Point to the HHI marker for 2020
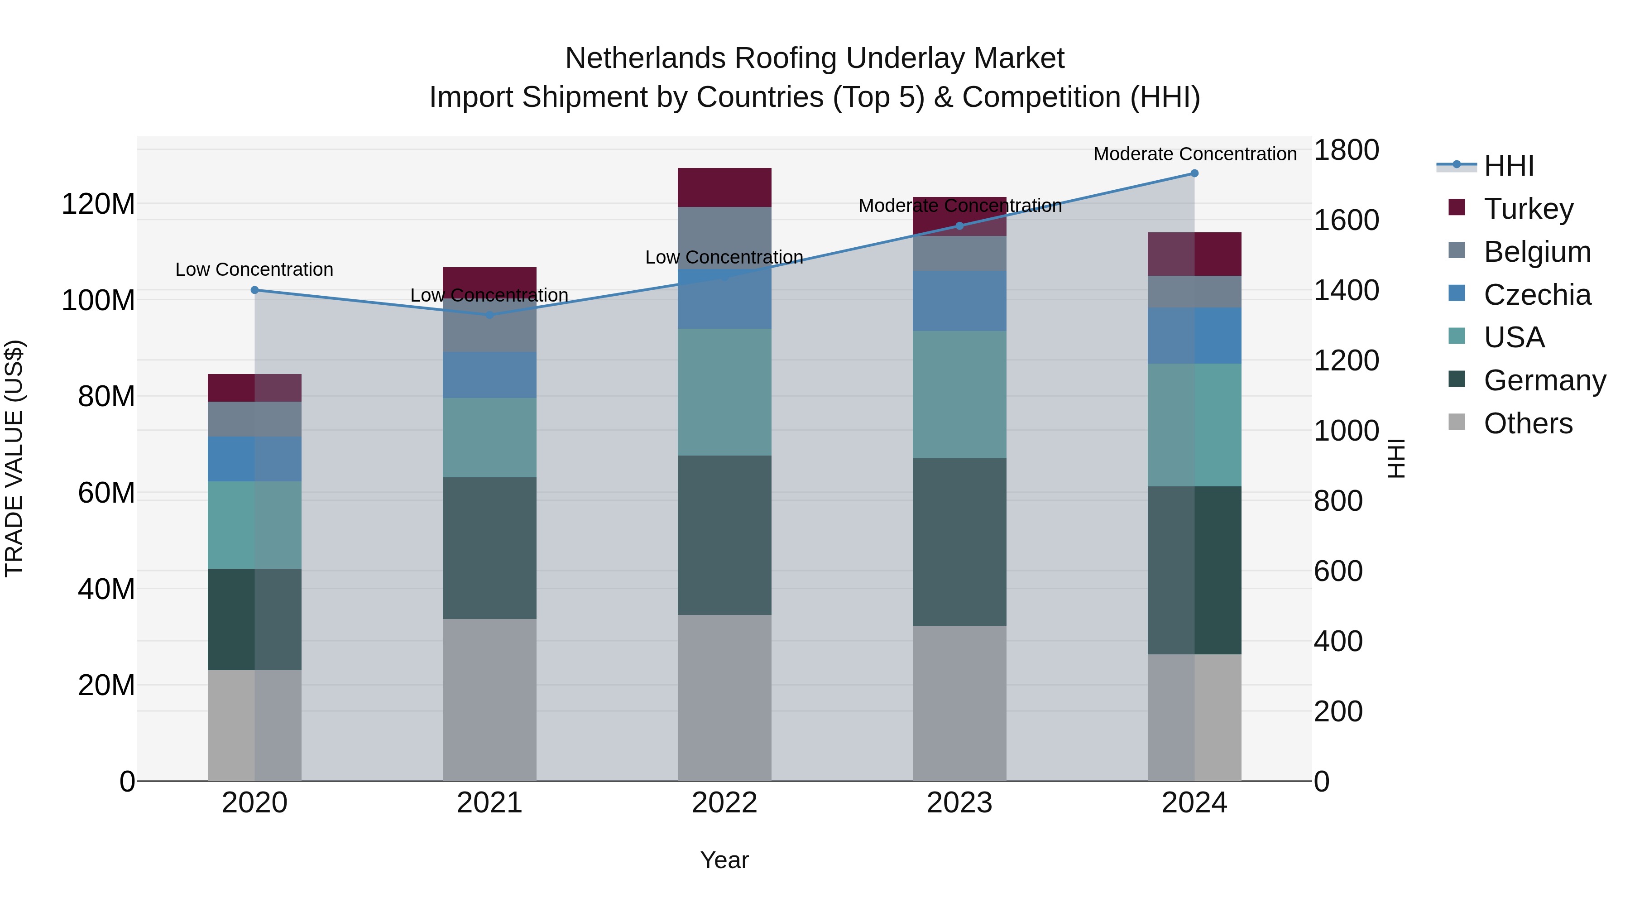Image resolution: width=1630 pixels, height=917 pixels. pos(255,290)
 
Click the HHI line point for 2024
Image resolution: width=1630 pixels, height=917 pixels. pos(1194,173)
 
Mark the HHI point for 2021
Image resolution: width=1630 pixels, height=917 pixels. pos(489,315)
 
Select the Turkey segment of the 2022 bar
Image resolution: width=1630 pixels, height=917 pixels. pos(724,187)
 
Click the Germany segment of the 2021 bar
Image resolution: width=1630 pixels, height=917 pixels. pos(489,548)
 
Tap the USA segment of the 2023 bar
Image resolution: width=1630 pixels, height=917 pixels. pos(959,394)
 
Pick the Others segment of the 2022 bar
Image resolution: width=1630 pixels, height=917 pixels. pos(724,697)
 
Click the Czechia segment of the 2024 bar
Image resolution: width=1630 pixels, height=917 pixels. pos(1194,336)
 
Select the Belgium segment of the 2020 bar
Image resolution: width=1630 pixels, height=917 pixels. pos(255,419)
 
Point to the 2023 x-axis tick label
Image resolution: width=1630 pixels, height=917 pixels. pos(959,803)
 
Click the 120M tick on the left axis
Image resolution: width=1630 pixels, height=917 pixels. pos(98,204)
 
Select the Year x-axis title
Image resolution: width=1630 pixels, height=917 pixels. pos(724,860)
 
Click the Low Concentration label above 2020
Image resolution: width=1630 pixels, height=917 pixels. pos(254,269)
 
